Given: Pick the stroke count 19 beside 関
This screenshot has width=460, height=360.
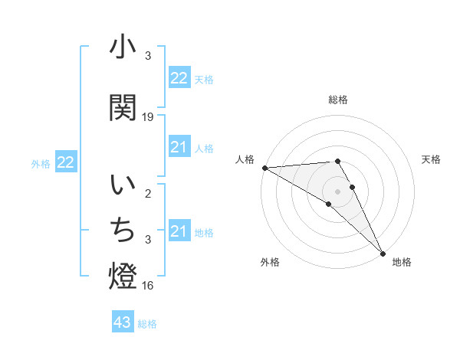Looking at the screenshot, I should [x=148, y=117].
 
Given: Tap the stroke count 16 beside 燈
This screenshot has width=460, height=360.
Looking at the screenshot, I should [x=148, y=286].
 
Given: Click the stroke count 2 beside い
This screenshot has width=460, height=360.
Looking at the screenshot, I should [x=148, y=194].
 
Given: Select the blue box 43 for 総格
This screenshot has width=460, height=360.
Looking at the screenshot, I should [x=123, y=323].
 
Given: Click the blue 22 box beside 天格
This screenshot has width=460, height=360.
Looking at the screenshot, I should [x=179, y=77].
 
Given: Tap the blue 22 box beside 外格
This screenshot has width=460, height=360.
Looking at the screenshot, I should [x=65, y=162].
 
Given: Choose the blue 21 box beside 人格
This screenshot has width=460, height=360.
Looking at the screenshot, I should [x=179, y=147].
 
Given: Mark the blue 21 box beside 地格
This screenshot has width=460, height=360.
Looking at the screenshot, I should [x=179, y=231].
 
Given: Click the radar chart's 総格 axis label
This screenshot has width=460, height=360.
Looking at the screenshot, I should [x=338, y=100].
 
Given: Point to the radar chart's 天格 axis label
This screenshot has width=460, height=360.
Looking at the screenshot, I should [x=432, y=159].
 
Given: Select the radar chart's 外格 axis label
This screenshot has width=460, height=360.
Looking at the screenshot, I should [x=270, y=262].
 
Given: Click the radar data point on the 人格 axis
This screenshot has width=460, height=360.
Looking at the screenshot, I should [x=264, y=168].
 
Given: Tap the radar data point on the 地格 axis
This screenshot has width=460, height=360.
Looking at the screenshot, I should [x=383, y=253].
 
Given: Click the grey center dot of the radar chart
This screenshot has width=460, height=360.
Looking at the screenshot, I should [x=338, y=191].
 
